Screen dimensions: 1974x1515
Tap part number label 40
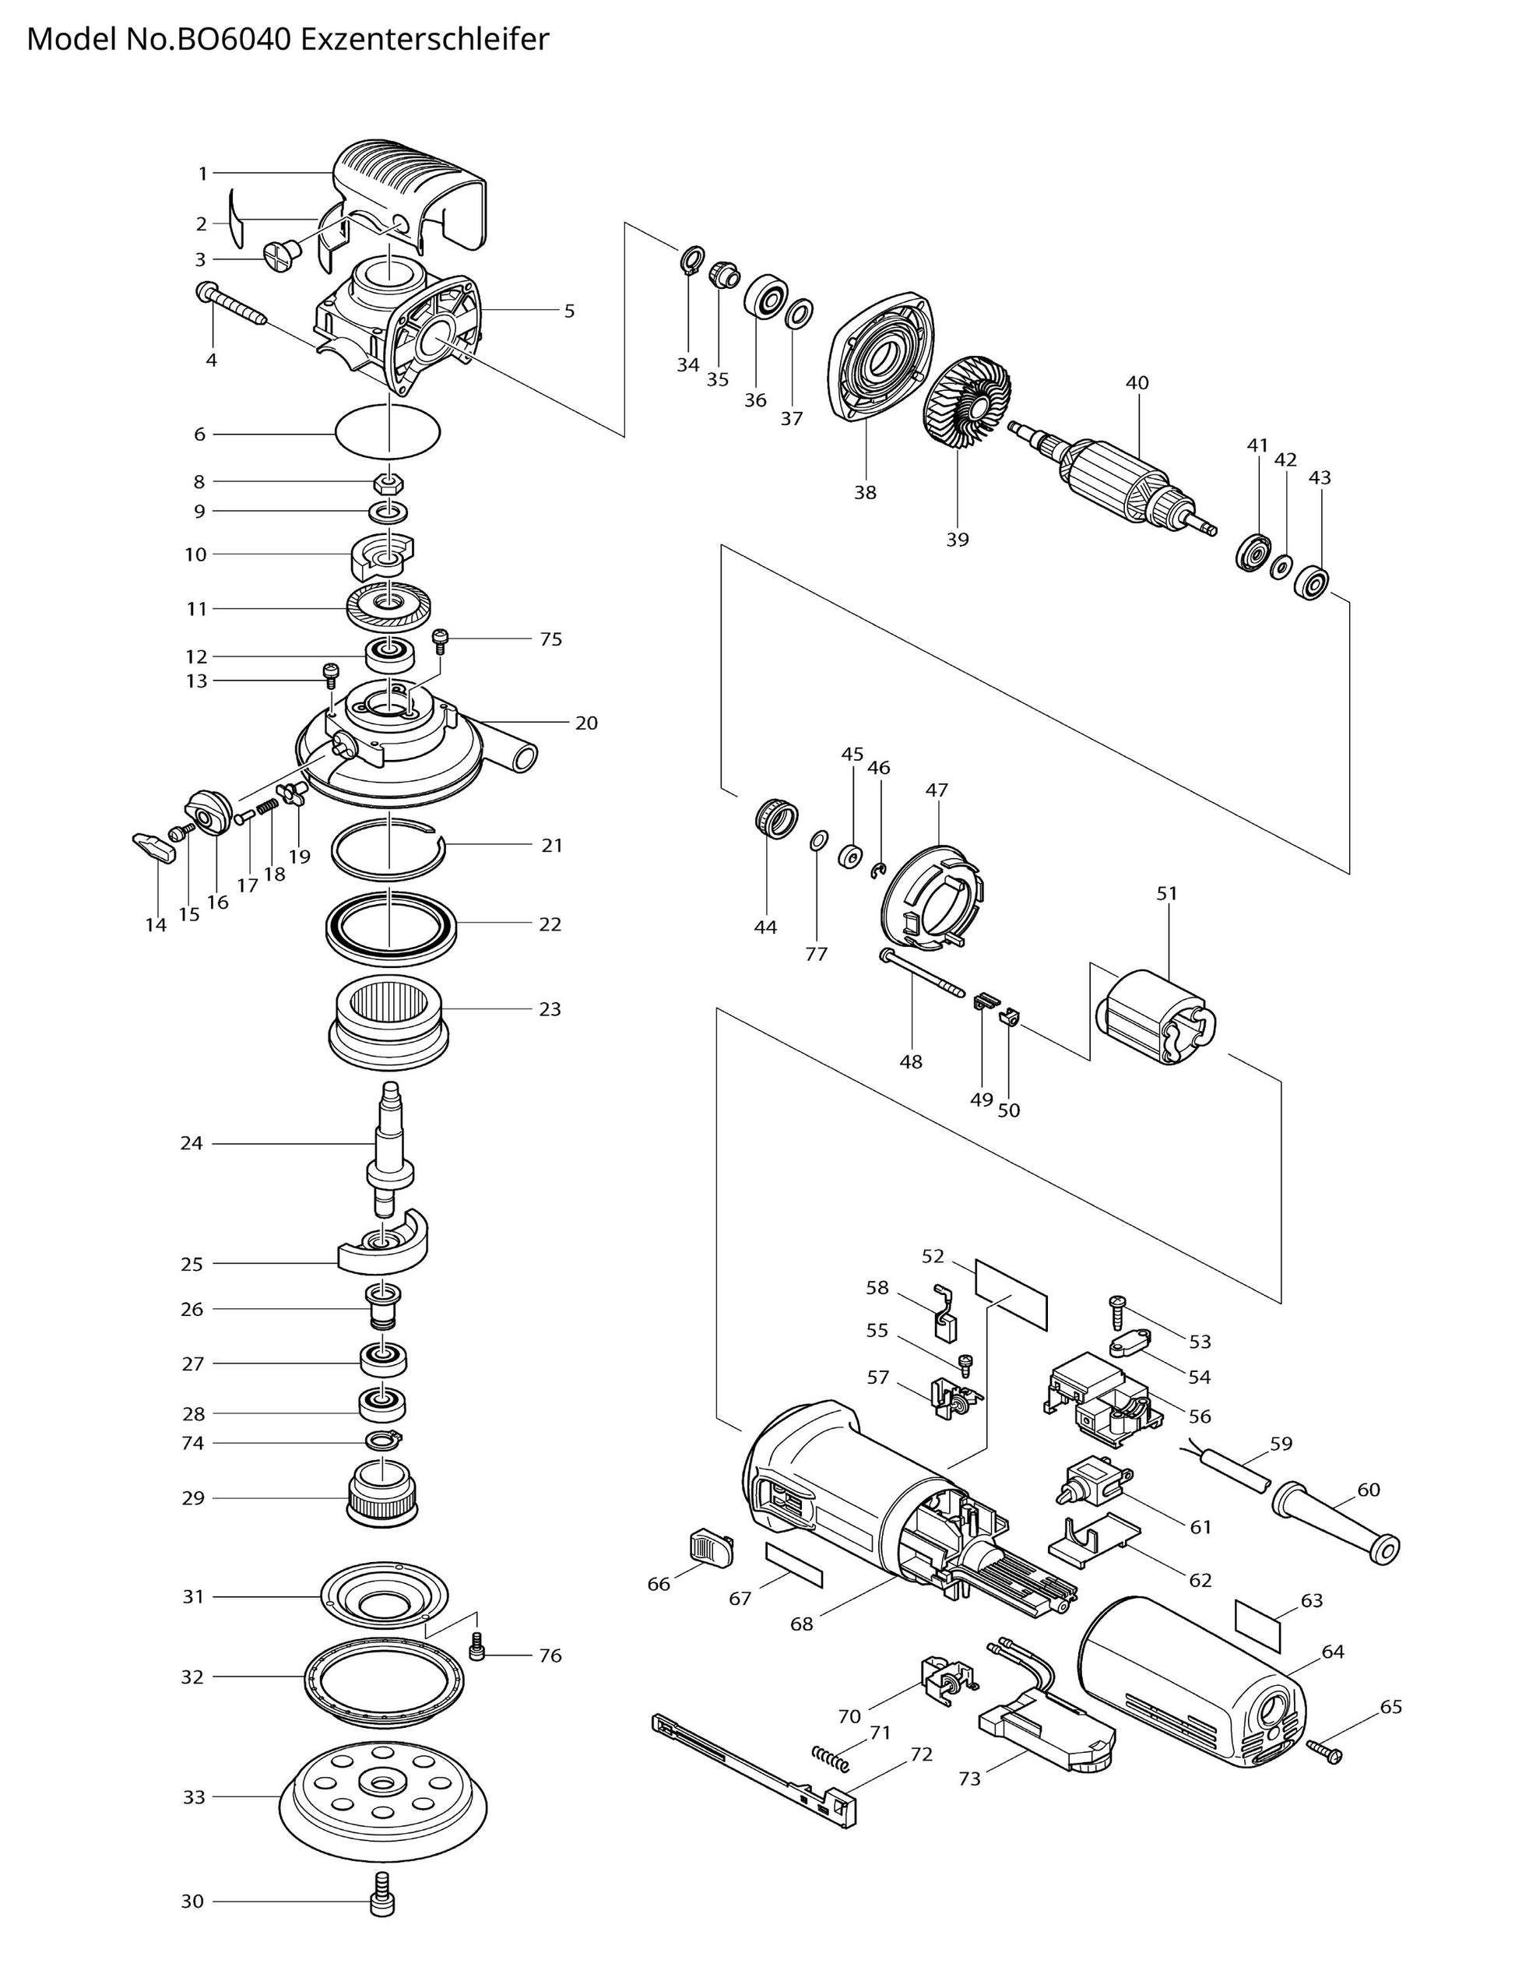pos(1137,382)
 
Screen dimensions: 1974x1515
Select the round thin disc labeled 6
pos(388,431)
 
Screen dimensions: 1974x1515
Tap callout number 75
pos(550,639)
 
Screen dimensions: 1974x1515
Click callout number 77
pos(816,954)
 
